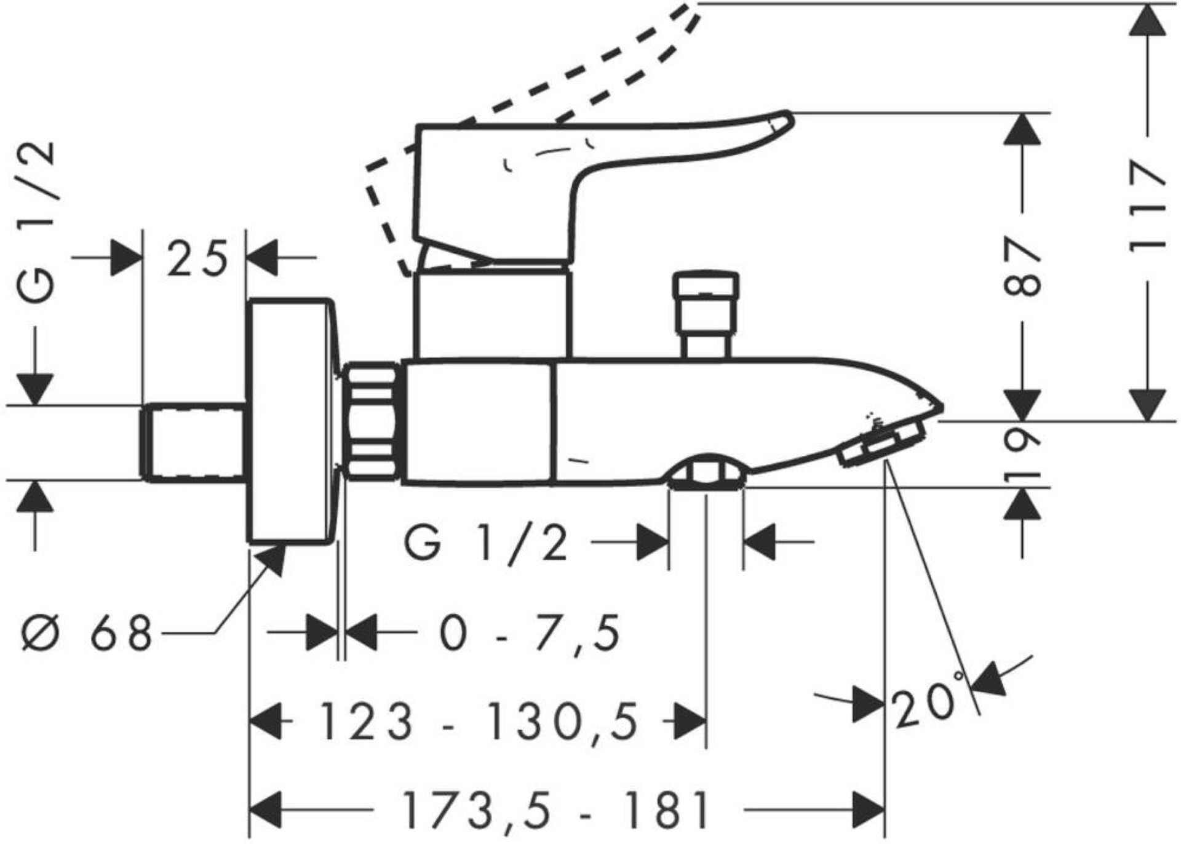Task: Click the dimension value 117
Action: [1148, 206]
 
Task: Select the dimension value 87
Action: [1022, 268]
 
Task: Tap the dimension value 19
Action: [1022, 454]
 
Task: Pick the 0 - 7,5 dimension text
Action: [530, 633]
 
